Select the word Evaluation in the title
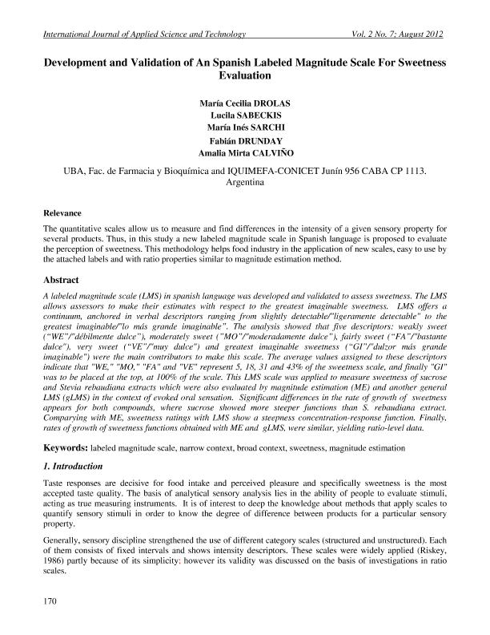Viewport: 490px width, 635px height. click(245, 75)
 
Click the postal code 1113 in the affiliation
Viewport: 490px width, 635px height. click(416, 171)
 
